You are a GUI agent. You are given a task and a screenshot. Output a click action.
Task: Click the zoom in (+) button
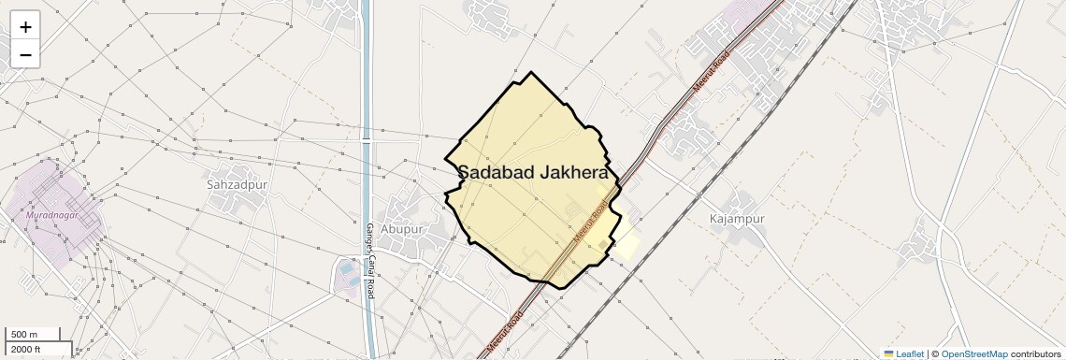pos(25,27)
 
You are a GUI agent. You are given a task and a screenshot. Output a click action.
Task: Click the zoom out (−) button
pos(25,55)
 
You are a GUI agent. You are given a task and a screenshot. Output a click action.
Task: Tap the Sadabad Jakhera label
pos(533,173)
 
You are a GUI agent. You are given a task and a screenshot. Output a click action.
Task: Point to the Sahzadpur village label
pos(237,185)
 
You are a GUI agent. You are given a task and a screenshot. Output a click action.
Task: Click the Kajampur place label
pos(737,219)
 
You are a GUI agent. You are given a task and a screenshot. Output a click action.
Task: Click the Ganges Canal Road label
pos(369,261)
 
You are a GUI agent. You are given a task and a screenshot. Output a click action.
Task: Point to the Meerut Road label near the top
pos(710,73)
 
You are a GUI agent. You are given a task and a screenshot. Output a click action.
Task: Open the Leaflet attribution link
pos(903,353)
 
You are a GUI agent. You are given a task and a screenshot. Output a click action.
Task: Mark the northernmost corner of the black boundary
pos(531,73)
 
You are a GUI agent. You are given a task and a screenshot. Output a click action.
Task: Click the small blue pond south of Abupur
pos(348,269)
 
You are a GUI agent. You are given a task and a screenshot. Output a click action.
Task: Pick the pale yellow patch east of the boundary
pos(627,241)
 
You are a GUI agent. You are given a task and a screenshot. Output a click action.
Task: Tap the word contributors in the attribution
pos(1035,353)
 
